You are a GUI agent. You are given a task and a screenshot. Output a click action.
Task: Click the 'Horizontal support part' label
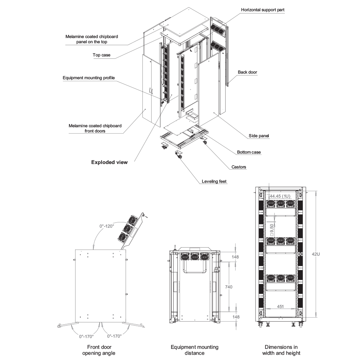coord(263,10)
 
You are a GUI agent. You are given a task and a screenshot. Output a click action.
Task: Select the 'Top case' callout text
coord(99,55)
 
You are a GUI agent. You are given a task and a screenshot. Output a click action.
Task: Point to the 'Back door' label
coord(248,72)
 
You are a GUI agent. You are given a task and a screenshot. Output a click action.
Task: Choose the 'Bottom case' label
coord(249,152)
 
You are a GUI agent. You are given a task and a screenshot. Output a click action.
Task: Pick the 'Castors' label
coord(239,167)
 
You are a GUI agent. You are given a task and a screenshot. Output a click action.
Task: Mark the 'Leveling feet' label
coord(214,182)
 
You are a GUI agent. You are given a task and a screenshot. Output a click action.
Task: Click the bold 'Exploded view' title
coord(110,162)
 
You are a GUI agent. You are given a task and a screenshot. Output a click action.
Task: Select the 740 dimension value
coord(229,287)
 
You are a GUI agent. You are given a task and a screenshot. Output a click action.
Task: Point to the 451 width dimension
coord(280,307)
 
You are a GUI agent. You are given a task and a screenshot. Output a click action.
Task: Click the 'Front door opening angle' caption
coord(99,350)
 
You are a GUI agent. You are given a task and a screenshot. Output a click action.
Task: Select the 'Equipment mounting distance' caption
coord(194,350)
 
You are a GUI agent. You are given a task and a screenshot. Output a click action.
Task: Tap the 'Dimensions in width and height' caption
coord(281,350)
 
